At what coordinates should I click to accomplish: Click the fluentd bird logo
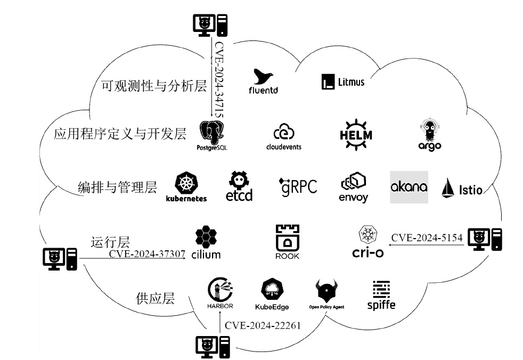264,78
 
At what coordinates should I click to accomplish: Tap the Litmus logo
343,81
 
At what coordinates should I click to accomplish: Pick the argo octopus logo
430,133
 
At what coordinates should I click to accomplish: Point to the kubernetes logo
186,186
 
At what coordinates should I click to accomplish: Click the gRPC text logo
298,186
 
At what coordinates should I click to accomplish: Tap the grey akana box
409,187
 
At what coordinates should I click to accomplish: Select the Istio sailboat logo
462,188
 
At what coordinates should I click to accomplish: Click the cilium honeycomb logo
206,243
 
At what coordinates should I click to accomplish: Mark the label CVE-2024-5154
427,238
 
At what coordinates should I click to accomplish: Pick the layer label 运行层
110,242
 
